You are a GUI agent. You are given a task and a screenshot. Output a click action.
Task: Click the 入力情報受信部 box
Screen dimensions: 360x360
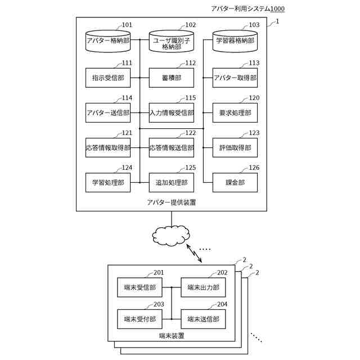tap(172, 112)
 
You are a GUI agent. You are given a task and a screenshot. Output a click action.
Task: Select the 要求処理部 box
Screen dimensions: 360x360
tap(235, 112)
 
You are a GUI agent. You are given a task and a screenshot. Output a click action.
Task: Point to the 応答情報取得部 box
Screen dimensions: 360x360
tap(108, 147)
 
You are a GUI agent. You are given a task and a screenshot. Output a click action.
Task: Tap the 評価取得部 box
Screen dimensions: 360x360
tap(235, 147)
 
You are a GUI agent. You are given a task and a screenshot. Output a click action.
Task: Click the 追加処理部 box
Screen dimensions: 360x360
tap(172, 182)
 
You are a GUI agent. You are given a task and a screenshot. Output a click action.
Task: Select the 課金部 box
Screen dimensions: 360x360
tap(235, 182)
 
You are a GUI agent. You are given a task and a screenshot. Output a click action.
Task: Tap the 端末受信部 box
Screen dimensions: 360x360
tap(139, 287)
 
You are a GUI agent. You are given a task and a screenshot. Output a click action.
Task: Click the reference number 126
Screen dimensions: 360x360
tap(254, 168)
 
